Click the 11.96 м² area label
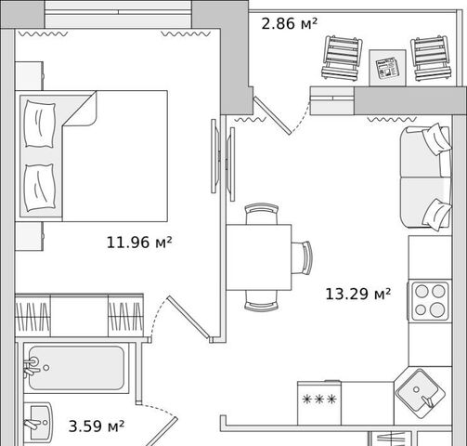pos(139,243)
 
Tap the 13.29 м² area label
pos(357,294)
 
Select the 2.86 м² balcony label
pos(290,23)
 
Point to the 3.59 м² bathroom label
pos(97,426)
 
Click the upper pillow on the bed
pos(40,124)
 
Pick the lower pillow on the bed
pos(40,188)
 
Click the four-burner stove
pos(430,300)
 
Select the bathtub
pos(76,368)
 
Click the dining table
pos(259,257)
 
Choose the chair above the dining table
pos(262,214)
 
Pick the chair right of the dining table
pos(302,257)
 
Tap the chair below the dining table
pos(262,301)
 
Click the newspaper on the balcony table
pos(387,68)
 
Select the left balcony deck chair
pos(342,59)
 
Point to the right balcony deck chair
pos(430,59)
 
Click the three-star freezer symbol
pos(319,400)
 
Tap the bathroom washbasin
pos(37,423)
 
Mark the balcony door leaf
pos(272,115)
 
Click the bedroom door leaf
pos(190,318)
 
